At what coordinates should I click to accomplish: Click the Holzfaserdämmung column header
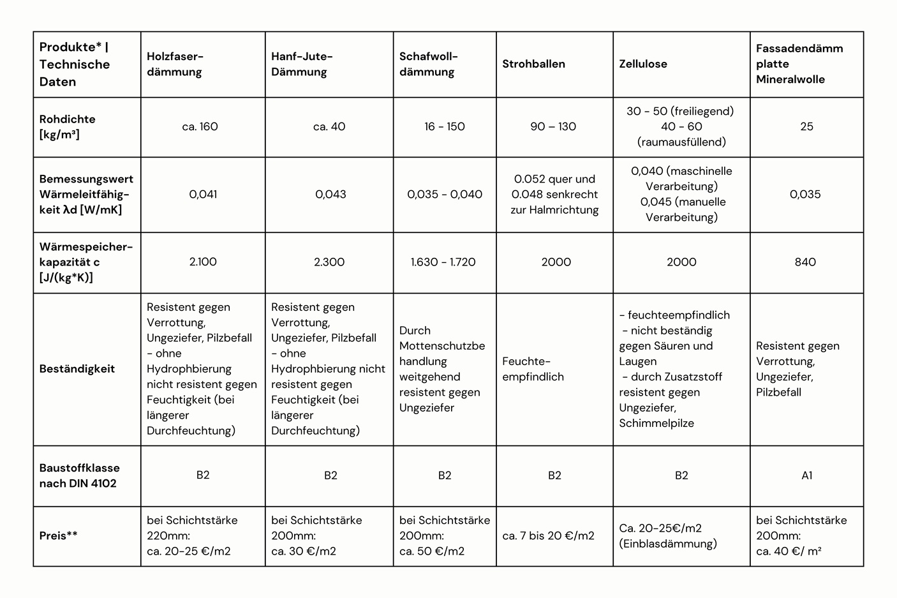point(174,64)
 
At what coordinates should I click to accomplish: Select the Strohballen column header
point(533,64)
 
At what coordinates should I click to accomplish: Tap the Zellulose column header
point(643,64)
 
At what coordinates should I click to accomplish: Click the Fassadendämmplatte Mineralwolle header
point(799,64)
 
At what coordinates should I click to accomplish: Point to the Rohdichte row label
point(68,126)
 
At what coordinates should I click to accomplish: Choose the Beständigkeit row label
point(77,368)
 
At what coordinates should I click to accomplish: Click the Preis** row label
point(59,535)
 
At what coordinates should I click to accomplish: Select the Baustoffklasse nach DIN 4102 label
point(80,475)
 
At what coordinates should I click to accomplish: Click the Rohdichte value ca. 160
point(200,126)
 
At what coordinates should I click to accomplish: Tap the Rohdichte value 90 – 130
point(553,126)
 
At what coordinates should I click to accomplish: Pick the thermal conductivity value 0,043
point(330,194)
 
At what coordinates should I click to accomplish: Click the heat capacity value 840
point(805,262)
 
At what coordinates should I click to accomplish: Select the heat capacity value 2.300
point(329,262)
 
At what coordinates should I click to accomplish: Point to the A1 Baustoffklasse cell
point(806,475)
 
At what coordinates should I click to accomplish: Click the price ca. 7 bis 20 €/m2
point(548,535)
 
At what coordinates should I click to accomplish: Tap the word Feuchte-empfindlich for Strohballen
point(533,369)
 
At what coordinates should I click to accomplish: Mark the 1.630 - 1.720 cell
point(443,262)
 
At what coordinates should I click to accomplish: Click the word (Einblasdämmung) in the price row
point(668,544)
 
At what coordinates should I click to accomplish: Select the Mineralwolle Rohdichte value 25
point(806,126)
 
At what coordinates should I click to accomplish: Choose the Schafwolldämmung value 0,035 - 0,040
point(445,194)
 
